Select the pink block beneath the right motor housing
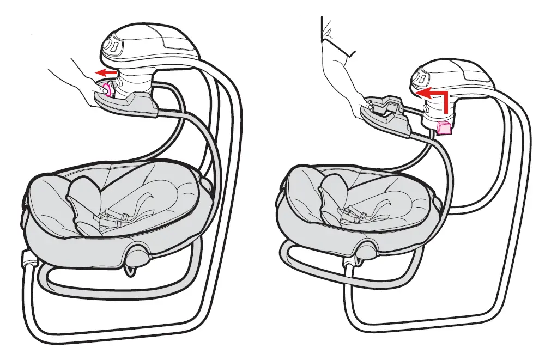pyautogui.click(x=445, y=127)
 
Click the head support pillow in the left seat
pyautogui.click(x=84, y=196)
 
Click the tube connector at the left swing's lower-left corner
pyautogui.click(x=26, y=260)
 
